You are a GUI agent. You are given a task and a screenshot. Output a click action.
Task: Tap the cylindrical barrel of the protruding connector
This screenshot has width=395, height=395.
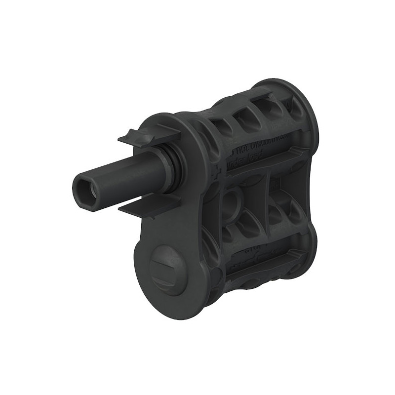[118, 178]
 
